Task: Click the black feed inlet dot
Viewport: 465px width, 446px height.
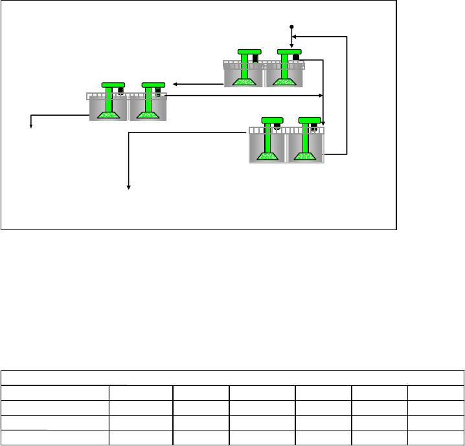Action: tap(291, 27)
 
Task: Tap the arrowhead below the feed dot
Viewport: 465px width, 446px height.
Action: tap(291, 46)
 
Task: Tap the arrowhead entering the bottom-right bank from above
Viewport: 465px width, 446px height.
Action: tap(324, 123)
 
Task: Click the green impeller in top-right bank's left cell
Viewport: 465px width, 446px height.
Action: tap(244, 81)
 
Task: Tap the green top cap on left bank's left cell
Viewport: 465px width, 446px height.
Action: tap(113, 85)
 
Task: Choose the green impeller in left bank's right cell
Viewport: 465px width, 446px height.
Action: tap(148, 114)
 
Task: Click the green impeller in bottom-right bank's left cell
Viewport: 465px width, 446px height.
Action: tap(267, 155)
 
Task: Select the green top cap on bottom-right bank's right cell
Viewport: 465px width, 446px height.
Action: tap(310, 120)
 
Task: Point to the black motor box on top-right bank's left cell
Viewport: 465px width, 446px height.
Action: tap(255, 59)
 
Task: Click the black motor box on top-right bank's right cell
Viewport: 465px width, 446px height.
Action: tap(296, 58)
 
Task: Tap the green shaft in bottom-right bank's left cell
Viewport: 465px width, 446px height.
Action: tap(268, 138)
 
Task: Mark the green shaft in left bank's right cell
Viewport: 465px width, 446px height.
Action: tap(149, 100)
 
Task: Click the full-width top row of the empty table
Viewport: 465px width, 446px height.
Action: tap(232, 378)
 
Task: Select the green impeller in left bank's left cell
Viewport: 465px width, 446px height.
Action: tap(108, 114)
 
